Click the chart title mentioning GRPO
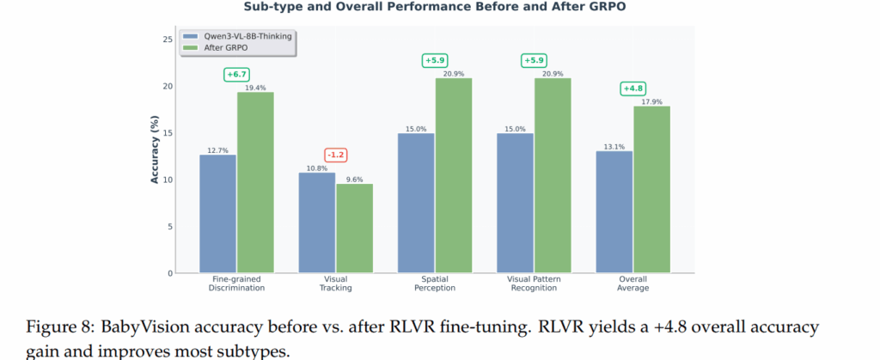(439, 8)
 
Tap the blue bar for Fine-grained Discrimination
(217, 214)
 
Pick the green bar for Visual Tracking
(354, 229)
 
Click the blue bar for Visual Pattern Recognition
(516, 203)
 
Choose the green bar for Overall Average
(651, 189)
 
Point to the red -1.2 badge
(336, 155)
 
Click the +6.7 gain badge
(236, 74)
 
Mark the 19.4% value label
(255, 88)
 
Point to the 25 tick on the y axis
(167, 40)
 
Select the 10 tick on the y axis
(167, 180)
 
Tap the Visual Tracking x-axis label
(335, 284)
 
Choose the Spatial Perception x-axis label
(435, 284)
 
